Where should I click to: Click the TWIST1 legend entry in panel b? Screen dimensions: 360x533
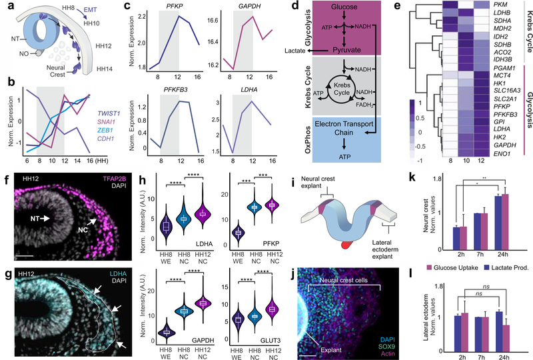click(x=137, y=95)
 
